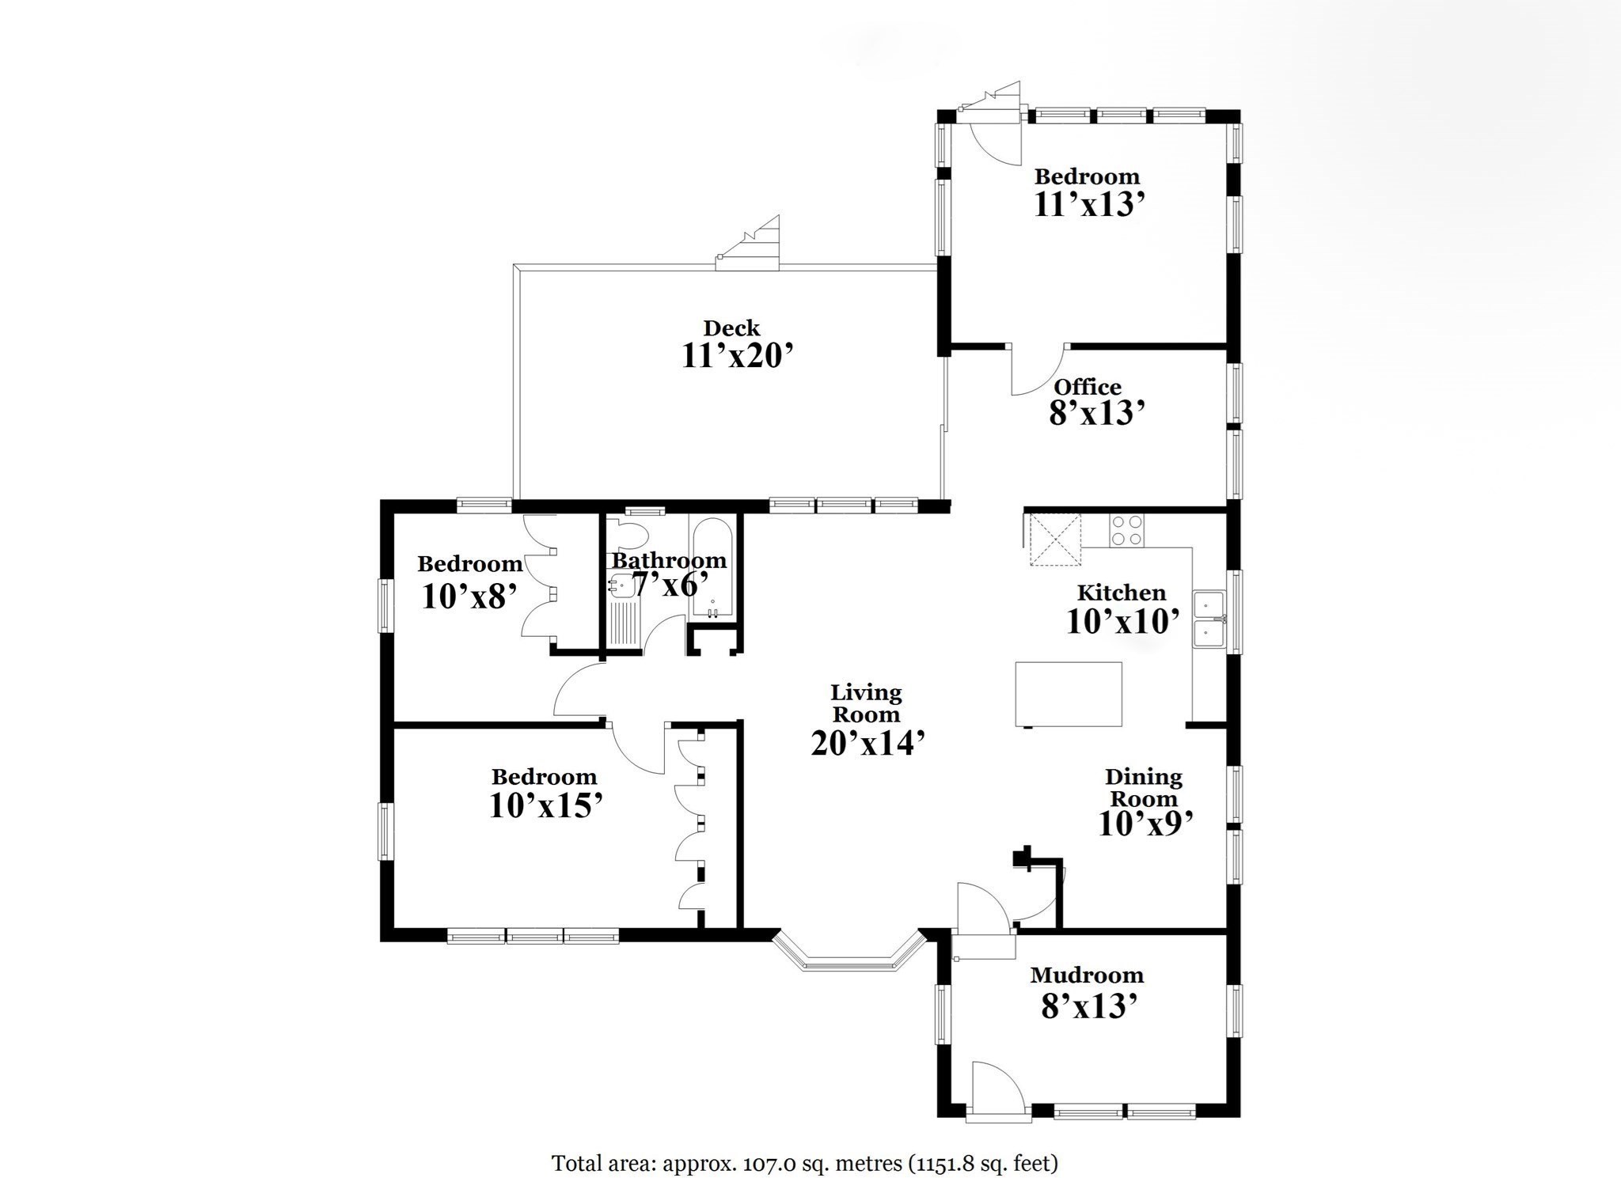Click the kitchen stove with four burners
(1126, 530)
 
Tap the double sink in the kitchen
(1208, 620)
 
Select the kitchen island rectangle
(1069, 694)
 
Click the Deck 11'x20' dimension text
(737, 356)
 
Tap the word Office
(1087, 387)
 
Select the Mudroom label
(1086, 975)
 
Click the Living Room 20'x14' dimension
(867, 743)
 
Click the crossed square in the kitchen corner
(1054, 539)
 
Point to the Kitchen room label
(1121, 593)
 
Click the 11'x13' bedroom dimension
(1089, 204)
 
